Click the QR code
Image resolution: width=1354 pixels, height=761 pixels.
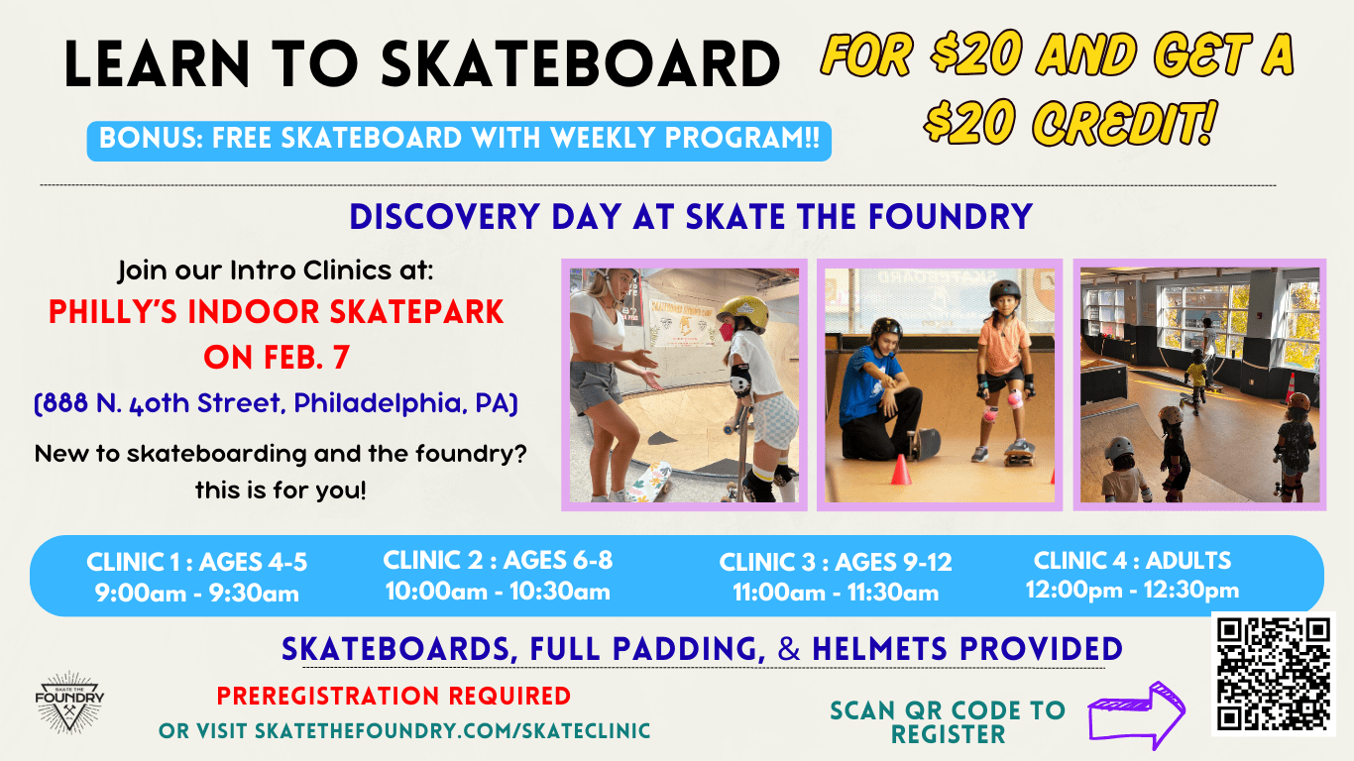(x=1274, y=674)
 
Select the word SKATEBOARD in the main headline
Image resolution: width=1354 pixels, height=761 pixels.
(x=581, y=65)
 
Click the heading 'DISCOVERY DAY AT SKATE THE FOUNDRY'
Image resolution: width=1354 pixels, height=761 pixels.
(x=691, y=216)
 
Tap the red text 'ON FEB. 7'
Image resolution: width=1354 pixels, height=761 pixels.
(x=277, y=357)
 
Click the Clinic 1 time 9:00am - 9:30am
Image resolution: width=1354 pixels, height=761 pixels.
(x=196, y=594)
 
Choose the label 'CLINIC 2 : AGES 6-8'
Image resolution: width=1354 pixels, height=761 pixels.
(x=498, y=560)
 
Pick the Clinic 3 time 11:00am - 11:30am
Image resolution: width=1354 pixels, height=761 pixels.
(x=835, y=593)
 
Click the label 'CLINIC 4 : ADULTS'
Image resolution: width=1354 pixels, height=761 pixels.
(x=1132, y=560)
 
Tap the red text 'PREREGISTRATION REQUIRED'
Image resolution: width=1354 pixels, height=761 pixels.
(x=394, y=696)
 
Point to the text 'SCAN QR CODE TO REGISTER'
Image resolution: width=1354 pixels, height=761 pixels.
(x=948, y=722)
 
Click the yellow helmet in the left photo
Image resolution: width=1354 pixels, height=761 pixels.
(x=742, y=312)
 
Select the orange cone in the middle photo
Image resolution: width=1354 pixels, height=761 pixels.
(x=900, y=469)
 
